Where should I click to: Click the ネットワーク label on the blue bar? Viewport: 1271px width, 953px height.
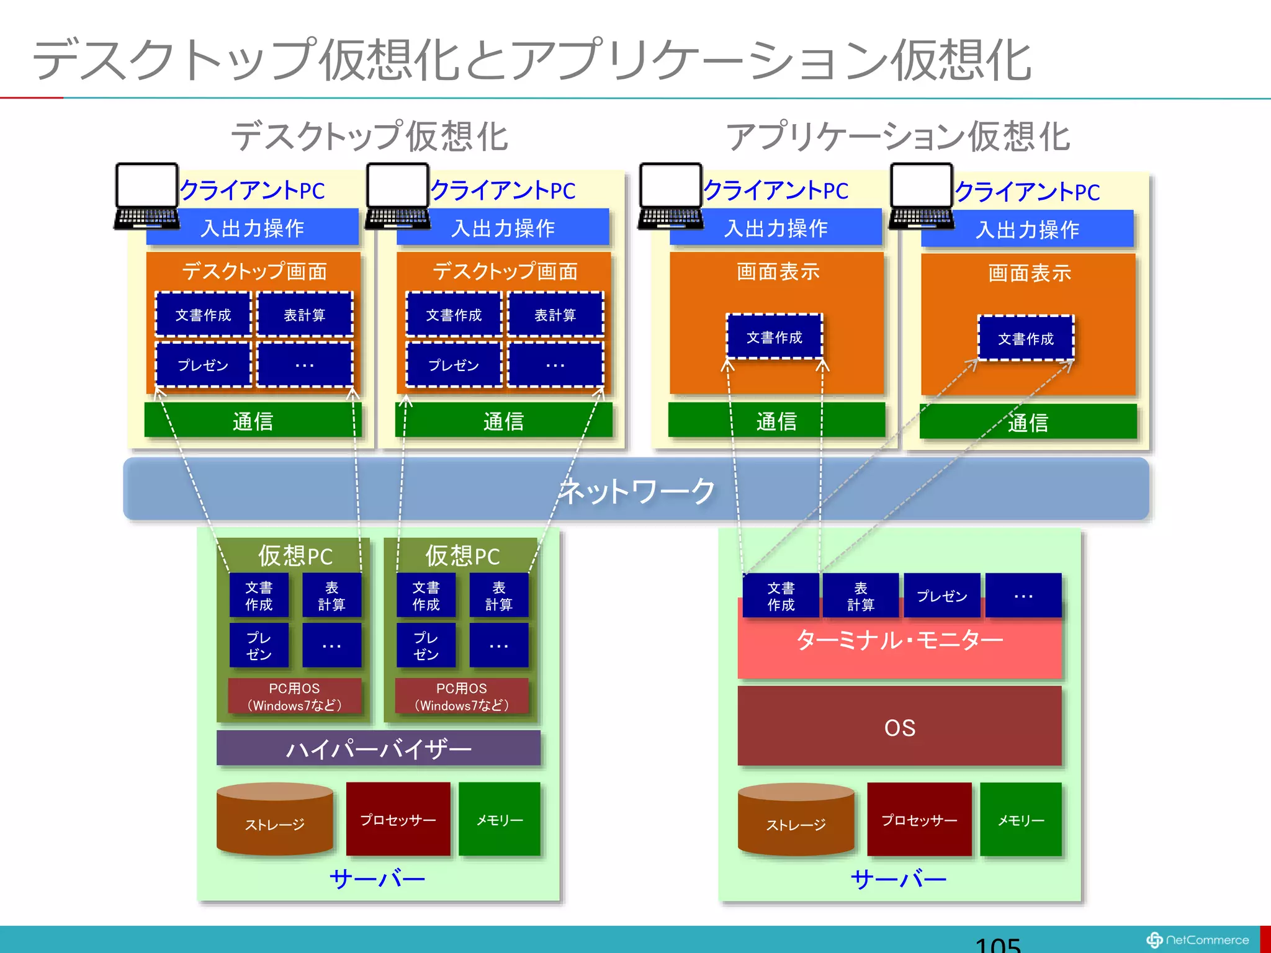coord(637,491)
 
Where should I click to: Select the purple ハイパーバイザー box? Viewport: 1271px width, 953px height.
coord(378,749)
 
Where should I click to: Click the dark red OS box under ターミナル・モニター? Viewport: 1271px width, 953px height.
coord(899,727)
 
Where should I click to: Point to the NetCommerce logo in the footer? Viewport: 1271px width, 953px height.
coord(1197,940)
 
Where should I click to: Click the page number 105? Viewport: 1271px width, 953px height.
coord(997,944)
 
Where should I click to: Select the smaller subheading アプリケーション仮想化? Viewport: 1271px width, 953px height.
coord(898,136)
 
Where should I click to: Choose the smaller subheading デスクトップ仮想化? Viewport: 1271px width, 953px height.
coord(370,136)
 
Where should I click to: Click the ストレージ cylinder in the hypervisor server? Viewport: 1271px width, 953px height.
coord(274,820)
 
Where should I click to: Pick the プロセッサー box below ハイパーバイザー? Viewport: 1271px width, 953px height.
coord(398,819)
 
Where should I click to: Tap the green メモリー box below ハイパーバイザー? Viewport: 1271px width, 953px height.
coord(500,819)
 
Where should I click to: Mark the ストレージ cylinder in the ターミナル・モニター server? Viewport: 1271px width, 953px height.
coord(796,820)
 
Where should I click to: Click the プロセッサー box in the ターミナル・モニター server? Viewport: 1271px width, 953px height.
coord(919,819)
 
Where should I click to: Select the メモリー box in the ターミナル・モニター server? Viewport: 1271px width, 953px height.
coord(1021,819)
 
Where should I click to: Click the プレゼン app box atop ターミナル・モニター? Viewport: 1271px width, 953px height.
coord(941,596)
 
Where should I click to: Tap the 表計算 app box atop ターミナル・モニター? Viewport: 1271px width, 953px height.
coord(860,596)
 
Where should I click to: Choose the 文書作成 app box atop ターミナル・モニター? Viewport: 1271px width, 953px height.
coord(781,596)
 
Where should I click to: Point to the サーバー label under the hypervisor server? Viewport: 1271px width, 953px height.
coord(377,879)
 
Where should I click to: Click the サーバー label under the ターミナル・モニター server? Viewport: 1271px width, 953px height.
coord(899,879)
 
